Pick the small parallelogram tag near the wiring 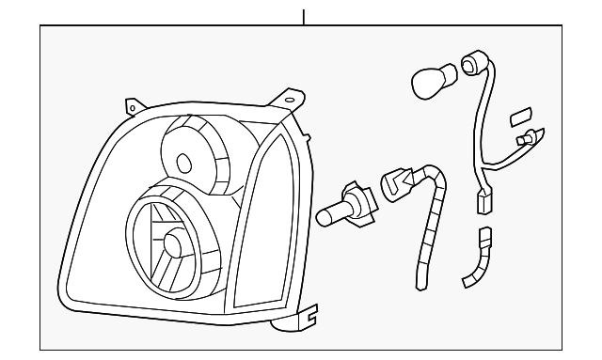(519, 117)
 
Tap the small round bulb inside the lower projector (175, 244)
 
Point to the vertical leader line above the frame (304, 17)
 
